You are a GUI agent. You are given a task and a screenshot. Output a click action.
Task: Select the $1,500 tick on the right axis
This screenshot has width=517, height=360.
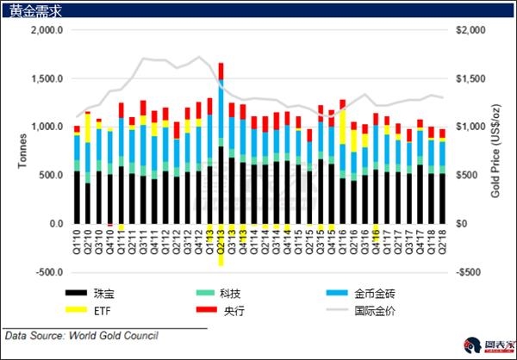(470, 78)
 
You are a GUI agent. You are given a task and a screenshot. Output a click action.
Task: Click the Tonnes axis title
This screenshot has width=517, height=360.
(16, 151)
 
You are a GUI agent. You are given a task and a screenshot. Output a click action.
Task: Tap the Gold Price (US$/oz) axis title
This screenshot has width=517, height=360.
(497, 151)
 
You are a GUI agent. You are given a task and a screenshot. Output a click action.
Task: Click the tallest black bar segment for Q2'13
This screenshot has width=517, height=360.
(221, 184)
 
